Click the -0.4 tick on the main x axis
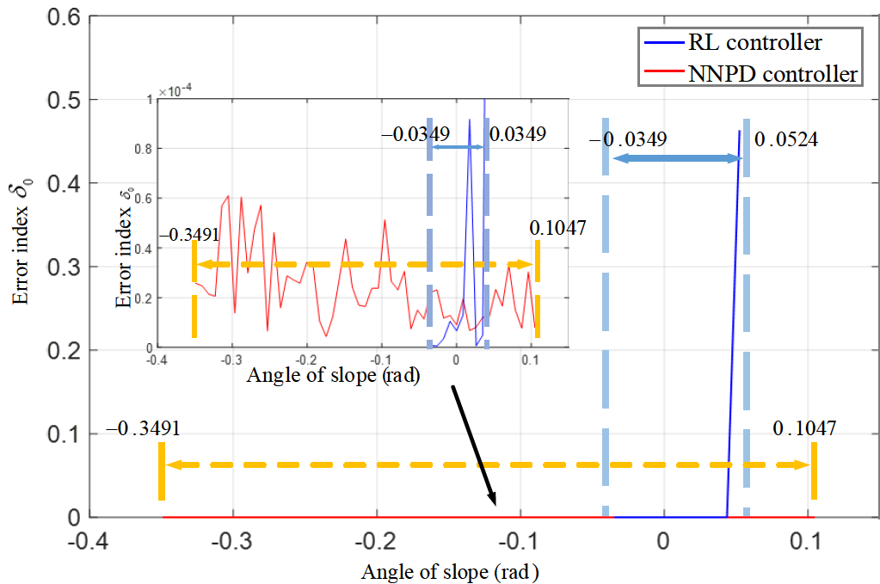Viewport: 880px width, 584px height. [x=89, y=544]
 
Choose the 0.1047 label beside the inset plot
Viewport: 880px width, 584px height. [x=557, y=229]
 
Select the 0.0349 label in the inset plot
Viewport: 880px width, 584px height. [x=517, y=134]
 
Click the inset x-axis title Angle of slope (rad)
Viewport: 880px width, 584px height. [x=333, y=376]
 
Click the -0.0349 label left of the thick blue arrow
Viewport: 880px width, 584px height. [x=630, y=138]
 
